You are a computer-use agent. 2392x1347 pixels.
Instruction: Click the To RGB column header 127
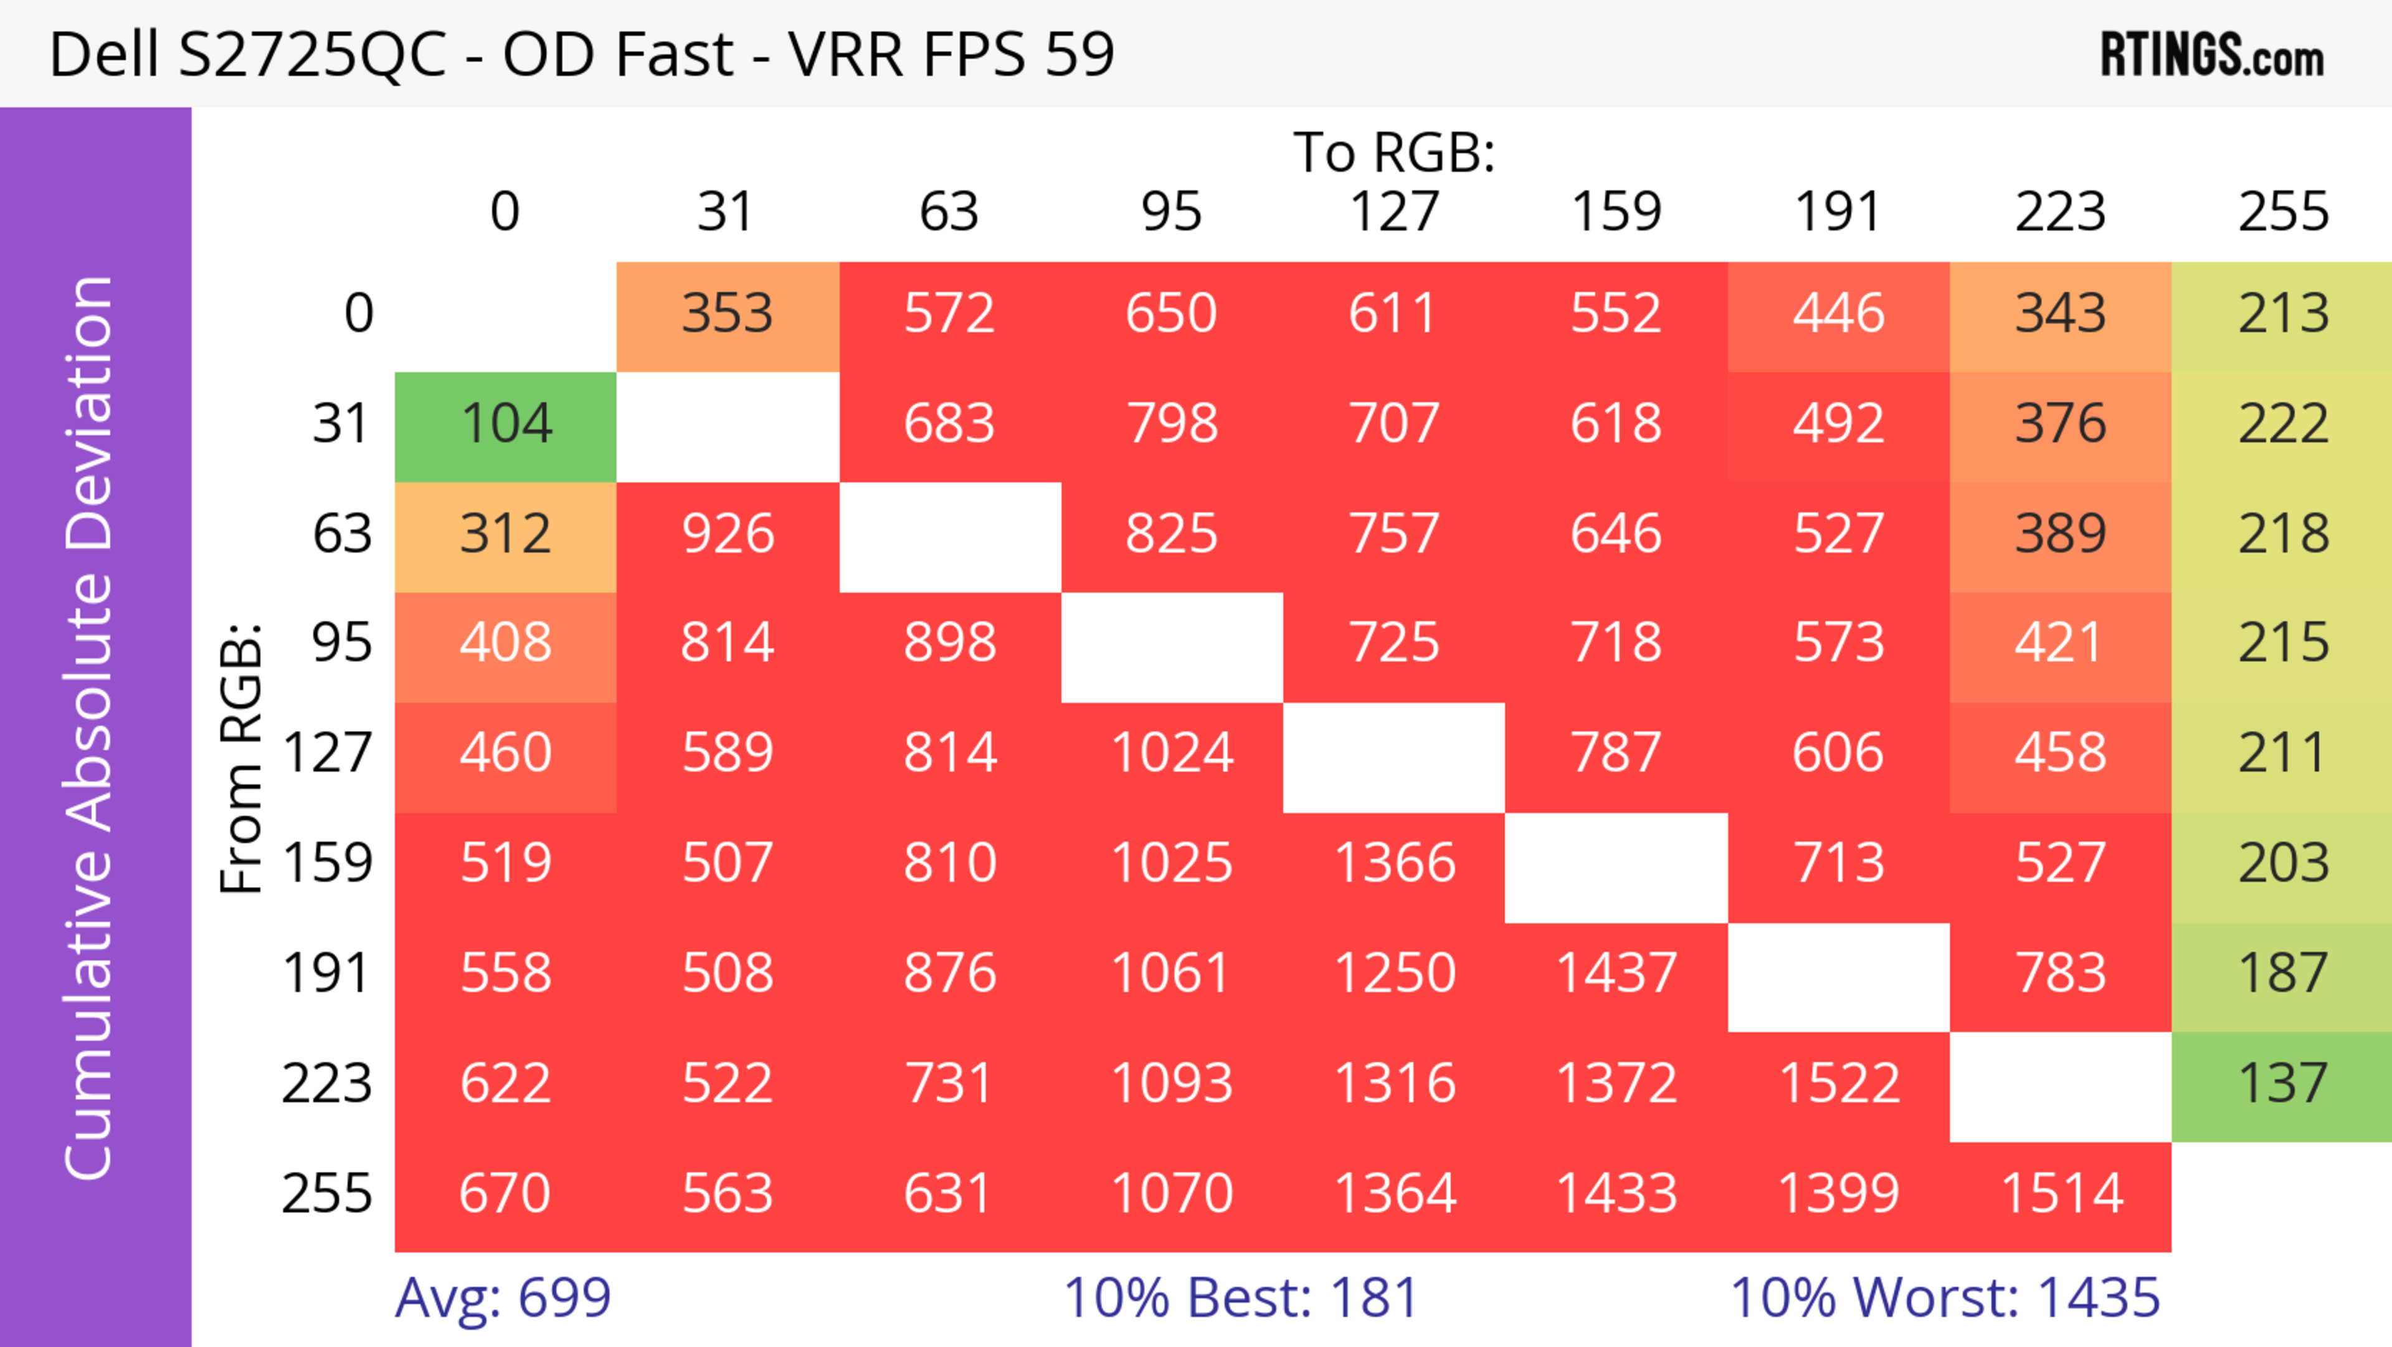pyautogui.click(x=1394, y=212)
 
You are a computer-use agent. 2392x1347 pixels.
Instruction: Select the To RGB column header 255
pyautogui.click(x=2282, y=212)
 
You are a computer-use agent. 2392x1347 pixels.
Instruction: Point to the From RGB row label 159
pyautogui.click(x=328, y=864)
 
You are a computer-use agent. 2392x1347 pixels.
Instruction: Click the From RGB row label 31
pyautogui.click(x=342, y=424)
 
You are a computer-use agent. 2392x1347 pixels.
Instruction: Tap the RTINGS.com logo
pyautogui.click(x=2212, y=55)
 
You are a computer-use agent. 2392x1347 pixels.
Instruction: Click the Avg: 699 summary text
pyautogui.click(x=502, y=1298)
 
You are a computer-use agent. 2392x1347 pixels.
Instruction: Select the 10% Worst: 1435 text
pyautogui.click(x=1944, y=1298)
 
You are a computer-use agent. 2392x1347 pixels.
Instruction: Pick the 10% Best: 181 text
pyautogui.click(x=1241, y=1298)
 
